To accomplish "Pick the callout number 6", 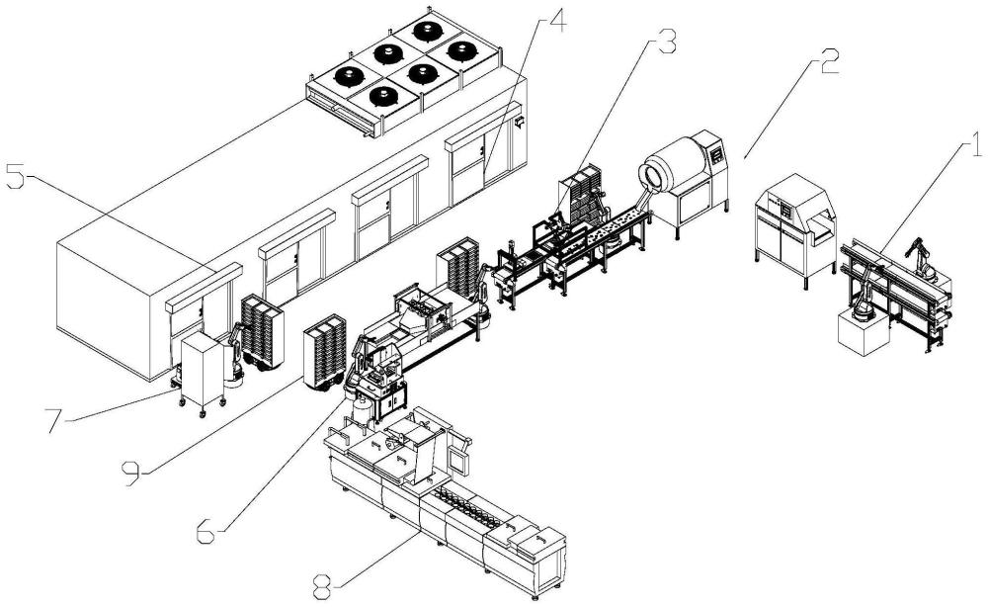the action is [206, 531].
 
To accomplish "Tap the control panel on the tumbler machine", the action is [717, 155].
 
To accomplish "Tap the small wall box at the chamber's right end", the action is [520, 122].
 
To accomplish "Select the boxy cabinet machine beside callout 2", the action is [795, 229].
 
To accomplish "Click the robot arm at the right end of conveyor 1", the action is [922, 257].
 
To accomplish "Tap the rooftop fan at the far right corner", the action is [463, 50].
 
